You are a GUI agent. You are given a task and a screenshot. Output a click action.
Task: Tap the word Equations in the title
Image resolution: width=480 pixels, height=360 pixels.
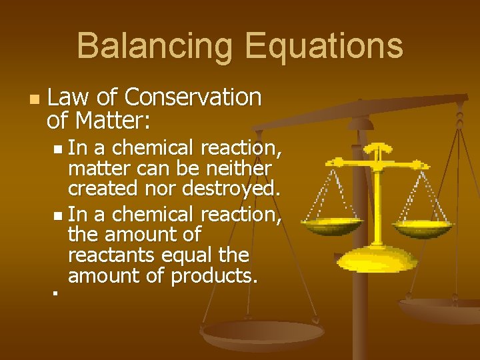[324, 47]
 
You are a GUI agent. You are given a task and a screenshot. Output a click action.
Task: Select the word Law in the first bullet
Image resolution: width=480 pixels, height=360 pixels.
[69, 98]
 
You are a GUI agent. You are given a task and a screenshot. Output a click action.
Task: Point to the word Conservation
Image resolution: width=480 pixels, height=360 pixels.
[193, 98]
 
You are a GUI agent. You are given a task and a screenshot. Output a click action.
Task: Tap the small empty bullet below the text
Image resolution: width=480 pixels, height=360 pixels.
[56, 291]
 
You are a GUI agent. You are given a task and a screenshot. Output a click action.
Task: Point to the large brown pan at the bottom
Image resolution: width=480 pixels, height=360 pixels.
[262, 333]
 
